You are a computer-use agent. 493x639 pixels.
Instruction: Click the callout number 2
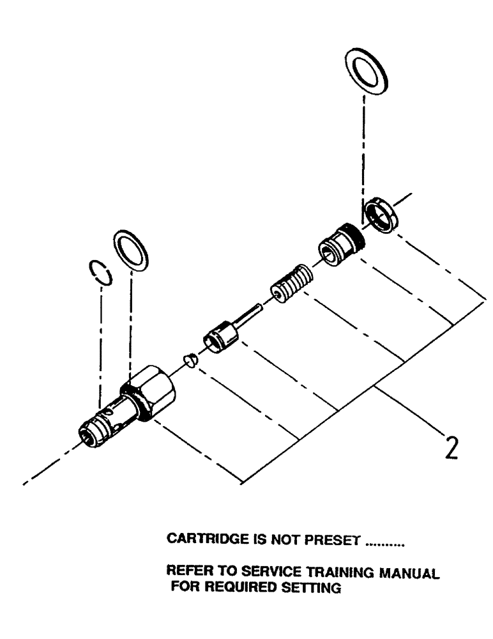click(450, 447)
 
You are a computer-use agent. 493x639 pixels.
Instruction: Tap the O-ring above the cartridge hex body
click(131, 251)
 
